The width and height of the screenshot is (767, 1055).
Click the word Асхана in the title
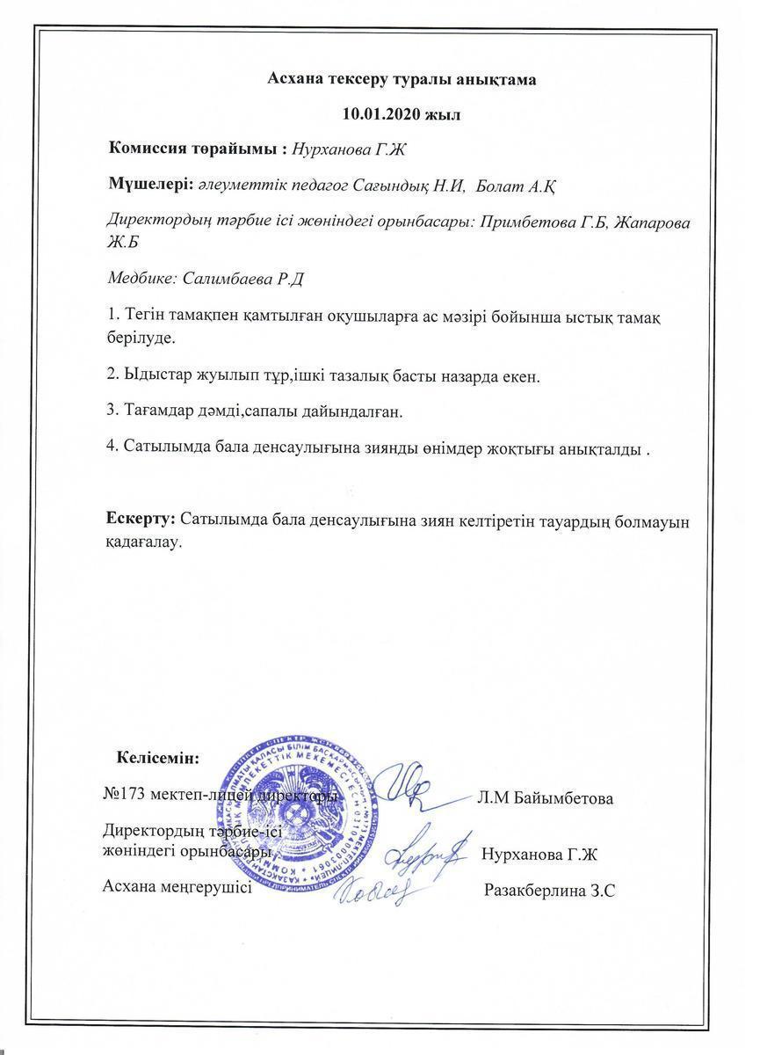tap(295, 79)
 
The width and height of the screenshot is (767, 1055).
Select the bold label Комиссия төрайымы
tap(197, 149)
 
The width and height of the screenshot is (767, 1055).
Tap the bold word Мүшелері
tap(150, 185)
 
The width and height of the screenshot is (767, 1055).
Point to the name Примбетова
tap(525, 222)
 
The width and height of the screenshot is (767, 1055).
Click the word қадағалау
tap(143, 542)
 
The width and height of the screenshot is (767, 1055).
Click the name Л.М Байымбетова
tap(545, 798)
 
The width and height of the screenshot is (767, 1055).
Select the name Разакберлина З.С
tap(549, 890)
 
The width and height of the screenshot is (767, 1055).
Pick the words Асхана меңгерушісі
tap(177, 887)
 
